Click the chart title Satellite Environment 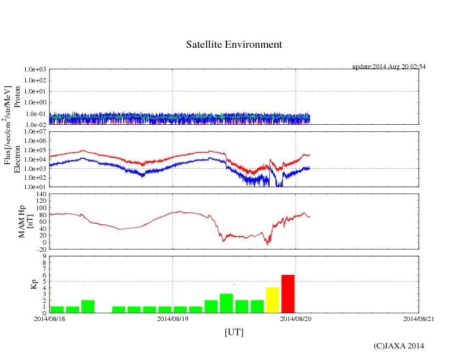tap(234, 45)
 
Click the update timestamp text tap(389, 67)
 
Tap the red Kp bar tap(288, 294)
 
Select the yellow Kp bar tap(273, 300)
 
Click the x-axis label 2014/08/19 tap(173, 319)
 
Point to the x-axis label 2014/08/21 tap(419, 319)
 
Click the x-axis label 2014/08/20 tap(296, 319)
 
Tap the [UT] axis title tap(234, 332)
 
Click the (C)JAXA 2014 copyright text tap(398, 346)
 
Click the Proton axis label tap(17, 97)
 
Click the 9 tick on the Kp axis tap(45, 256)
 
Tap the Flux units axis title tap(8, 125)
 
